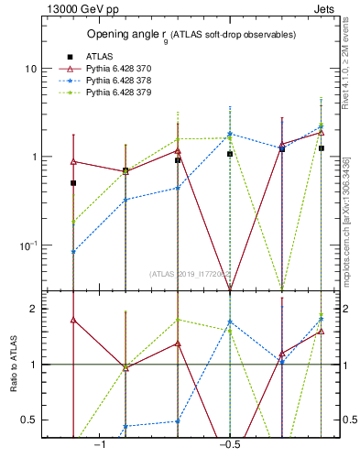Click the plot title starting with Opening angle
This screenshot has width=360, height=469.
[191, 35]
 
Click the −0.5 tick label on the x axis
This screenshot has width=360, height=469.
[229, 445]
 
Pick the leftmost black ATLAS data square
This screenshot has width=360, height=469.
[73, 183]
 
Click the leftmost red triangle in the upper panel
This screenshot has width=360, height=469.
[73, 161]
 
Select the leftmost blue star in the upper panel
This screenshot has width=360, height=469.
[73, 252]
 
